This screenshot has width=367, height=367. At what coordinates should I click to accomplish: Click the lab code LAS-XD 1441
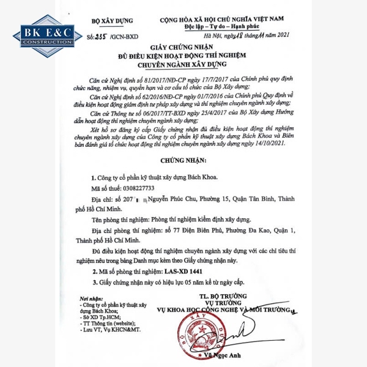tap(189, 270)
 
